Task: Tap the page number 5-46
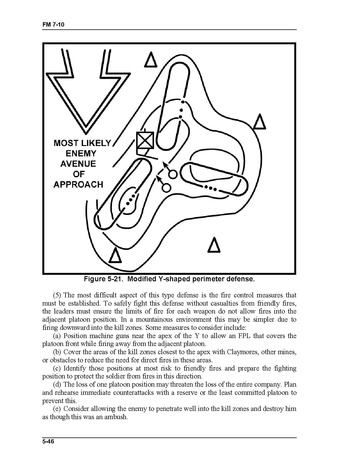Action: tap(48, 442)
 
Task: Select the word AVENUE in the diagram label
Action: tap(78, 164)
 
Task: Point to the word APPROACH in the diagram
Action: tap(78, 184)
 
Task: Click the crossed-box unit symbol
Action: tap(145, 141)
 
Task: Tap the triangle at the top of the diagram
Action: tap(150, 60)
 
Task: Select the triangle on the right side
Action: tap(260, 122)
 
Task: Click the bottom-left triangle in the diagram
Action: tap(115, 255)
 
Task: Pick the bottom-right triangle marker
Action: tap(214, 245)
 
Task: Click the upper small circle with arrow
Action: tap(173, 174)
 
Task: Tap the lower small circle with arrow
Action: tap(166, 187)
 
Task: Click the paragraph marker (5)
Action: tap(57, 295)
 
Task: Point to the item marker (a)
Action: tap(57, 336)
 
